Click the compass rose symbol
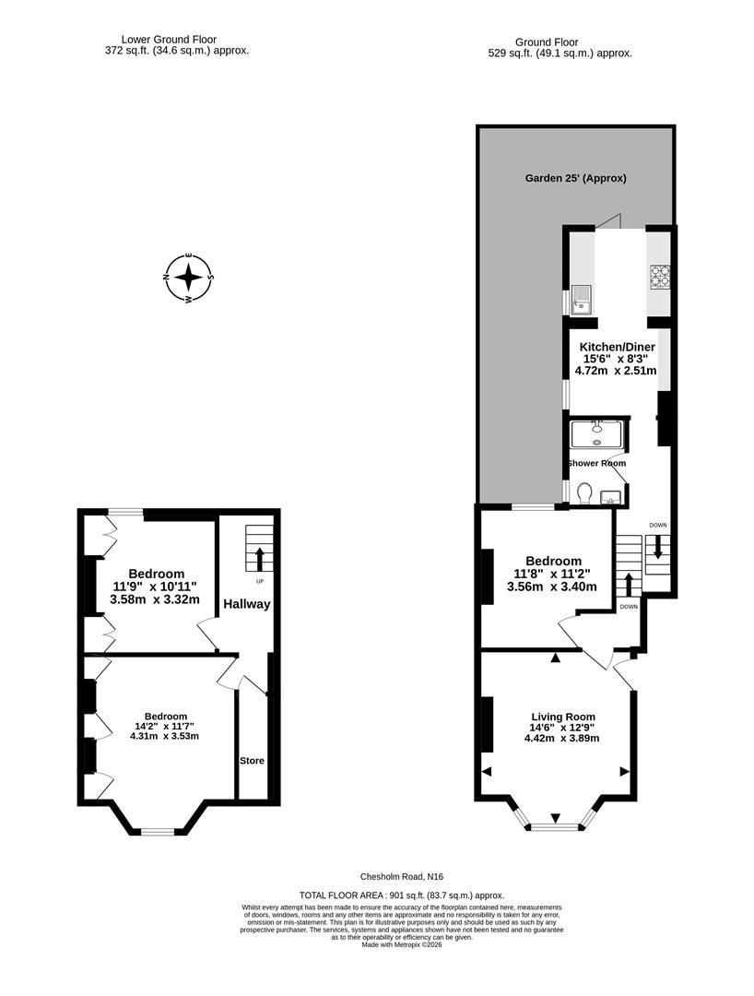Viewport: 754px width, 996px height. tap(189, 277)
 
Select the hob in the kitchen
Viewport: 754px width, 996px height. tap(660, 275)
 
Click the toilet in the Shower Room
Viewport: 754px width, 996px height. tap(583, 494)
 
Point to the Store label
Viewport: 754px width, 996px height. tap(252, 761)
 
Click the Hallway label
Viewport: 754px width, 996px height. tap(246, 604)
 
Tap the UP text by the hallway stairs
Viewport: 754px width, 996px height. tap(259, 582)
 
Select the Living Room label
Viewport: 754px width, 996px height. tap(562, 717)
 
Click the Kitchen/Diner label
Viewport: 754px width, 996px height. tap(616, 347)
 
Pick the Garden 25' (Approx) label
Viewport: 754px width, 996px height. tap(575, 177)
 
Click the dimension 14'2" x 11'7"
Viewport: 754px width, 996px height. tap(165, 726)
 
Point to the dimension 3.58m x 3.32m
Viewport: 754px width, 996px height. tap(155, 599)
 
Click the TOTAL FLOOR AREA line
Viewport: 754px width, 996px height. tap(402, 895)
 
